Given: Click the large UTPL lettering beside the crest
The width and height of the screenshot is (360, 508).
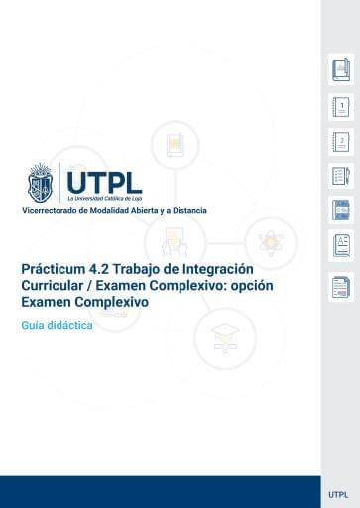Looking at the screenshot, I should [104, 180].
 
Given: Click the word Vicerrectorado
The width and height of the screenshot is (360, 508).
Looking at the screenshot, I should [53, 212].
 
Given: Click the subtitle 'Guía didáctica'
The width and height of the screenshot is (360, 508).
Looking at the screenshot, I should [57, 324].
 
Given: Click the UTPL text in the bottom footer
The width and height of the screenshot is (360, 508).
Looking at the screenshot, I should [337, 493].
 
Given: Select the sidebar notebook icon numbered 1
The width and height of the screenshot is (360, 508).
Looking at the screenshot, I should [340, 107].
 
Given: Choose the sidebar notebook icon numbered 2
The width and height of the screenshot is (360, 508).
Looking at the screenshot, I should [340, 142].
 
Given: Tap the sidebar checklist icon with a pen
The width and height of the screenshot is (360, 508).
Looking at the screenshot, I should [340, 177].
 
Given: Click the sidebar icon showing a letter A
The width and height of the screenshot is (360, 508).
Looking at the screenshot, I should [340, 244].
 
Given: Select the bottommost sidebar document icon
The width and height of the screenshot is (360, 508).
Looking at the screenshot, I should [340, 287].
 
